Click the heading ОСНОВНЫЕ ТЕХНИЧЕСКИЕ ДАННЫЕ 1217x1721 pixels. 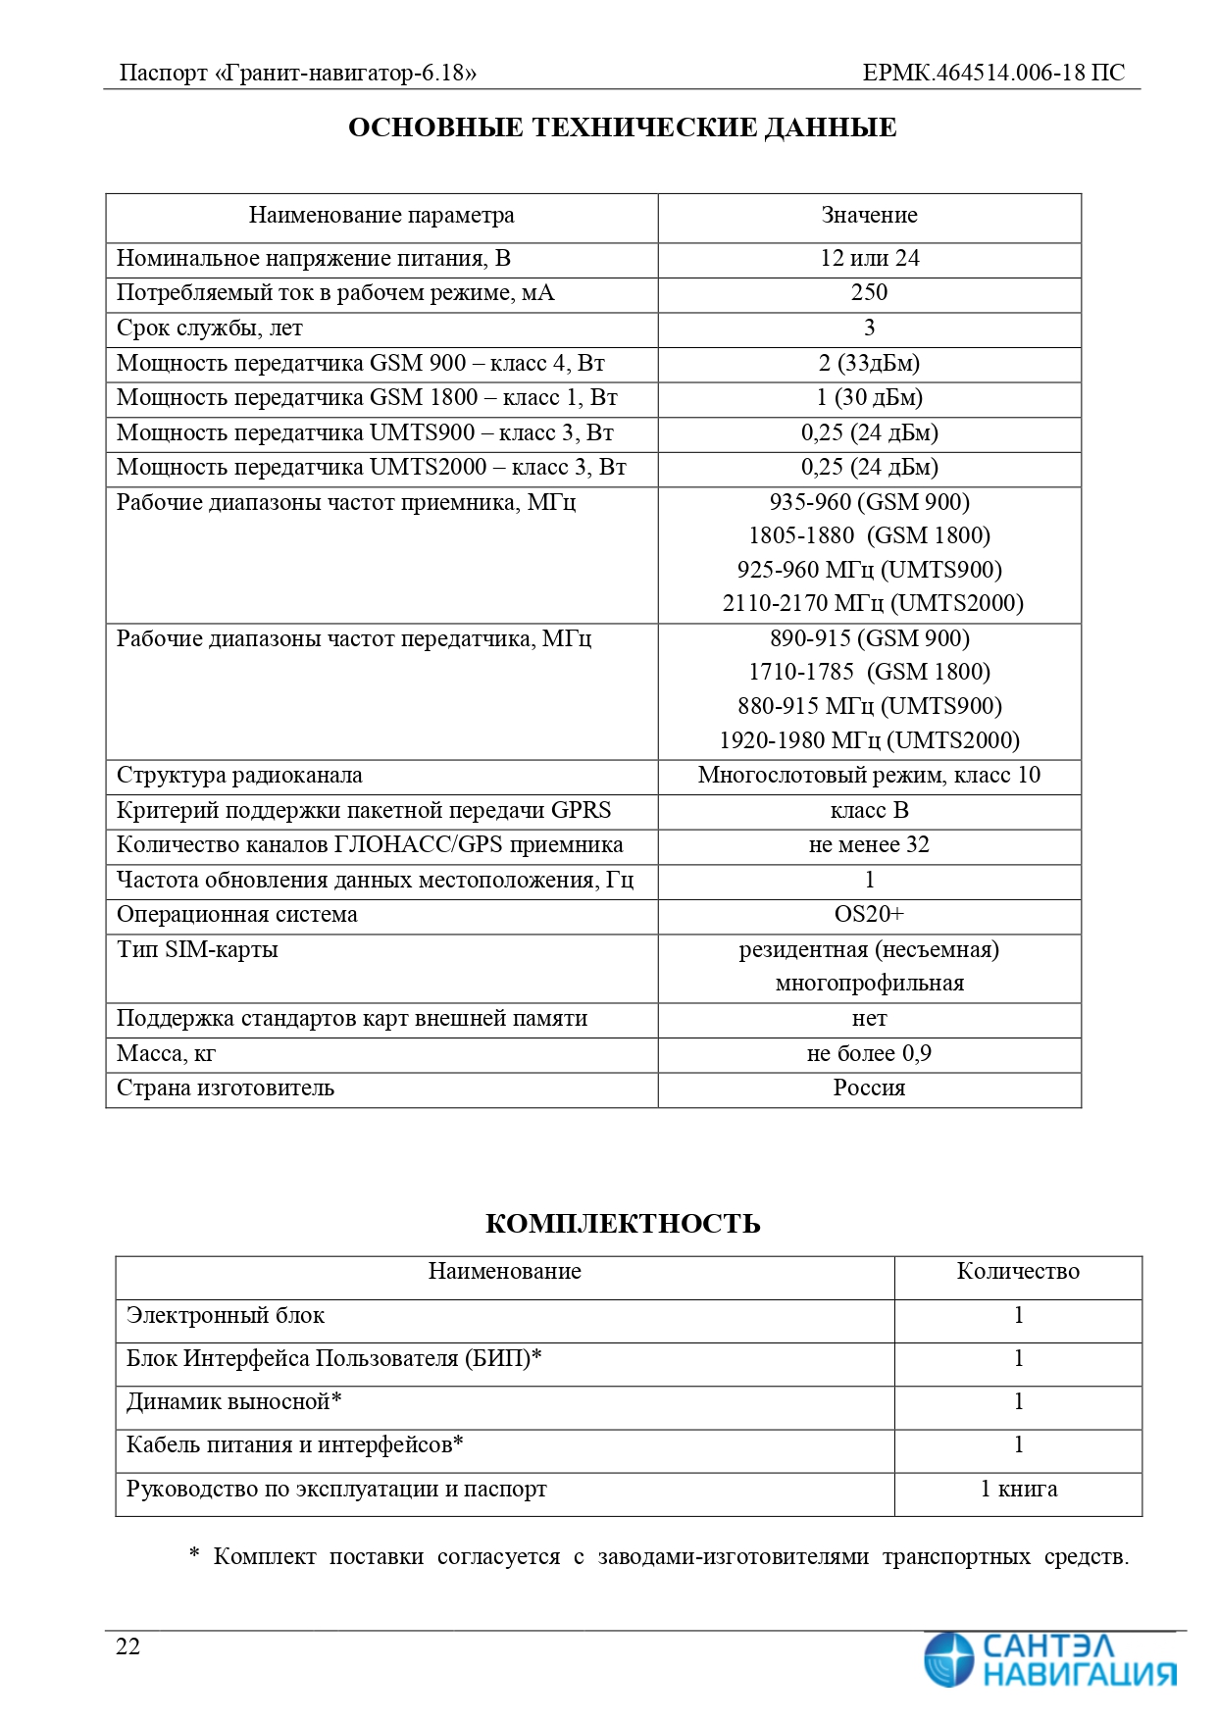622,127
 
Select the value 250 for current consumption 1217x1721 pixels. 869,292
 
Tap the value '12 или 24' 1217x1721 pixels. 869,258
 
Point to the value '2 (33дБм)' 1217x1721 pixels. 869,363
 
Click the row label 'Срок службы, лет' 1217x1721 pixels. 209,328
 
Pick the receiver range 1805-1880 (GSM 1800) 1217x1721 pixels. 869,535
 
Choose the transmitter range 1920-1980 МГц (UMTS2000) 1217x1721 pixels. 869,740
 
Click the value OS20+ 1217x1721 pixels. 869,914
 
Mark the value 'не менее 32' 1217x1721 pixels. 869,844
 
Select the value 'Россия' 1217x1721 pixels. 869,1088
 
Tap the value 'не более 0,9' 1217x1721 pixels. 869,1053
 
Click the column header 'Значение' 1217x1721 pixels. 869,215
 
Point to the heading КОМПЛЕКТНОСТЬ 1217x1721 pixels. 623,1224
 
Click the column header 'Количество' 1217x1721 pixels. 1018,1271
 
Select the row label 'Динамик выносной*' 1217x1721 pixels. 233,1401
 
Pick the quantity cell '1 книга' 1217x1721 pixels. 1018,1489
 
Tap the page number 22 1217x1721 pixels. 128,1646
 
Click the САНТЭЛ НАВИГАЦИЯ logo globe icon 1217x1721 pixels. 949,1659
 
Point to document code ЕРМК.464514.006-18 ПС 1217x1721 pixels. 993,73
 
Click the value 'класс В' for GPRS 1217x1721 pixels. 869,810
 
